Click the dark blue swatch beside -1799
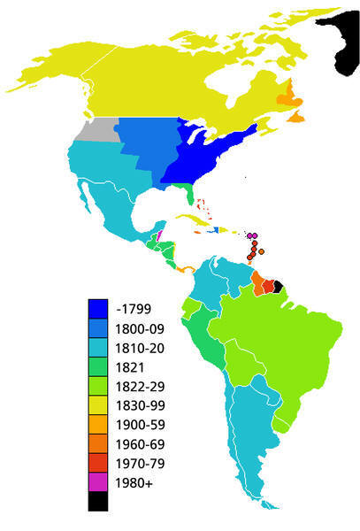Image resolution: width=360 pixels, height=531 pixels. click(x=99, y=308)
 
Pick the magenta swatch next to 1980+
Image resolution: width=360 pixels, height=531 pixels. click(x=99, y=482)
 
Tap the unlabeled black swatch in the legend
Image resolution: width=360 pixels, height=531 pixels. click(x=99, y=501)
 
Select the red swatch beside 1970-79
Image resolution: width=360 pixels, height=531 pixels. click(x=99, y=463)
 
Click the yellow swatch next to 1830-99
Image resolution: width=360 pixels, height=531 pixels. click(x=99, y=404)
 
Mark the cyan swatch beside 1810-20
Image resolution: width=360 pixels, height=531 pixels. click(x=99, y=347)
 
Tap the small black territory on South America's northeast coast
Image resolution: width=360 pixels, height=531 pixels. click(x=278, y=286)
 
